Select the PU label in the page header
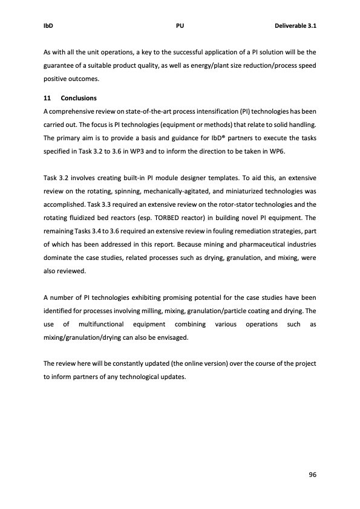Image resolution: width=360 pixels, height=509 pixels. coord(180,27)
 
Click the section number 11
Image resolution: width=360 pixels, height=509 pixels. coord(48,98)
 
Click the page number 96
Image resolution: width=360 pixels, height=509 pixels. coord(312,475)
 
